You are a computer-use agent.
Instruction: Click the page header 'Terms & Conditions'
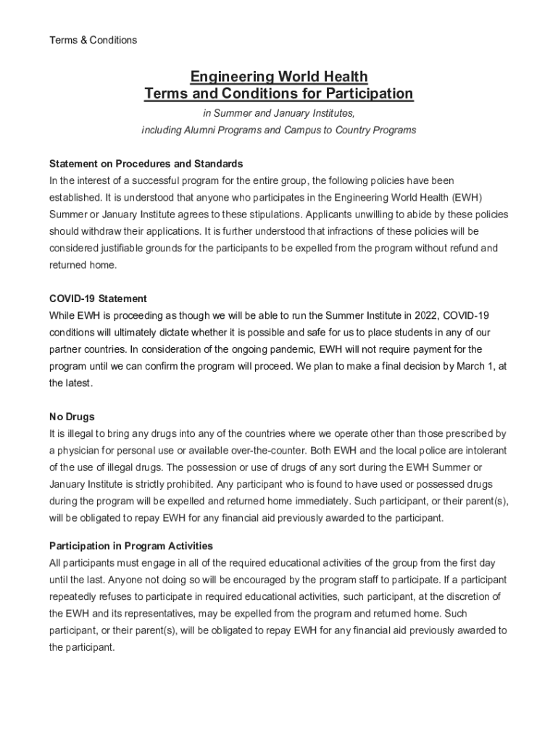click(x=93, y=40)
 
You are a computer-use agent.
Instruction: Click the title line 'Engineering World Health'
click(x=279, y=77)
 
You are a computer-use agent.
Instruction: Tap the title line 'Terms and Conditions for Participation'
click(x=279, y=94)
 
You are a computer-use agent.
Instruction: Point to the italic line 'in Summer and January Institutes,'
click(x=279, y=114)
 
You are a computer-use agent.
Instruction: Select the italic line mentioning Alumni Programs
click(x=279, y=130)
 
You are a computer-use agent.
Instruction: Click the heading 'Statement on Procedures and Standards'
click(x=146, y=164)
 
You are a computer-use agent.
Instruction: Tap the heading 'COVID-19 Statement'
click(x=98, y=299)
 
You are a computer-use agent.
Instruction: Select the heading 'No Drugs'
click(x=72, y=417)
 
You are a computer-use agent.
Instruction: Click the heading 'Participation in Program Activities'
click(x=131, y=546)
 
